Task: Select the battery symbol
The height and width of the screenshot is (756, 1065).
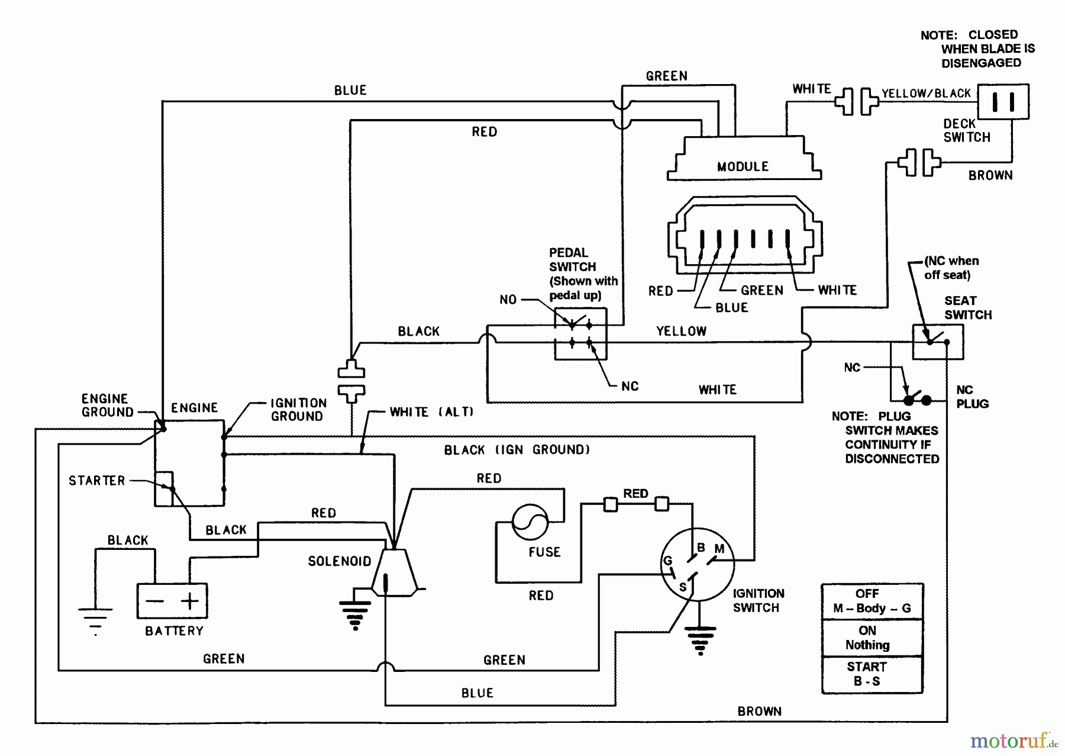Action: (x=172, y=601)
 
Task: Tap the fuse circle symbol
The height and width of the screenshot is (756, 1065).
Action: (x=530, y=522)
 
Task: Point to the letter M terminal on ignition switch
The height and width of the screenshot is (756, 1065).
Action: (x=719, y=549)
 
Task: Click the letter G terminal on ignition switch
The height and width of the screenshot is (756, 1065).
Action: (x=667, y=561)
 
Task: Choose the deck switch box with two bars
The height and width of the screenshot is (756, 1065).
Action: (x=1003, y=102)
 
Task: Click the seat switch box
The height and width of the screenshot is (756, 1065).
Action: (x=938, y=342)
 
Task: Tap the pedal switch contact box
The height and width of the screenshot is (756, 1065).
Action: (x=580, y=333)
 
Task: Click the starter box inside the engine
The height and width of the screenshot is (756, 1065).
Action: (x=163, y=489)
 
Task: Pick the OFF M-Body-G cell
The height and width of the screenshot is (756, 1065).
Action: (x=872, y=601)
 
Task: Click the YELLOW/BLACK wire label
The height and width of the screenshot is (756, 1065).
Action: (x=926, y=94)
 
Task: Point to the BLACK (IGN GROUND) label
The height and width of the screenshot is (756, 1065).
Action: (x=517, y=450)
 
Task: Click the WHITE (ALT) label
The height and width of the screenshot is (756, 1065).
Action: (x=431, y=411)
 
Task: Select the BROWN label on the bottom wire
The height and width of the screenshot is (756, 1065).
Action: (x=759, y=711)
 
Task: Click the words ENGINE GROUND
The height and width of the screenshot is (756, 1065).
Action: (x=107, y=406)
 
